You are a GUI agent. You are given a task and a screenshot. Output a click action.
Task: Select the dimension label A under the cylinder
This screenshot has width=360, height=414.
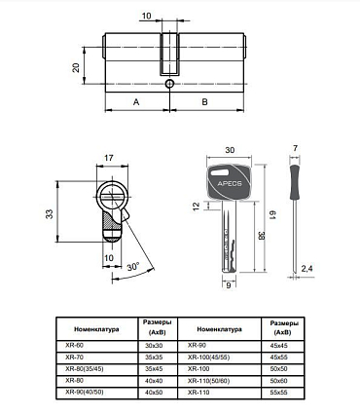135,101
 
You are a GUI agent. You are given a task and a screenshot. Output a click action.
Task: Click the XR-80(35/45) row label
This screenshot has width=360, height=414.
83,368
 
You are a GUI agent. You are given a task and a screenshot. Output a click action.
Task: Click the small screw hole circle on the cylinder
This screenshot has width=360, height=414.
169,84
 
